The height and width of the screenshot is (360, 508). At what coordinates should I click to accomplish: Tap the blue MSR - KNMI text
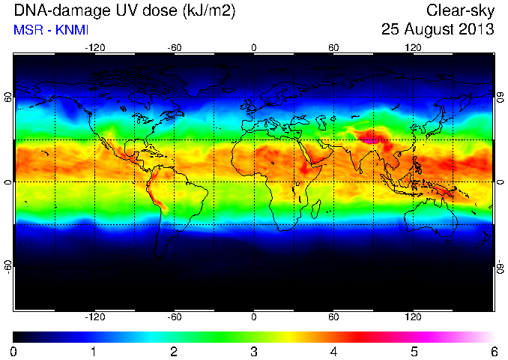[x=51, y=30]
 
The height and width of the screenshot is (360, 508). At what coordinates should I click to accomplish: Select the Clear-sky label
[x=460, y=11]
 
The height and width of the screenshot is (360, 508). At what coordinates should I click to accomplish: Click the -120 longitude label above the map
[x=95, y=48]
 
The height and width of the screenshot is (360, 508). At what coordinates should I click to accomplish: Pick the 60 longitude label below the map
[x=333, y=316]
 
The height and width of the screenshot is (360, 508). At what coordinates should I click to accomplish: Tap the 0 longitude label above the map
[x=254, y=48]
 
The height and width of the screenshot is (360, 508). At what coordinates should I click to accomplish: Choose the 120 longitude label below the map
[x=413, y=316]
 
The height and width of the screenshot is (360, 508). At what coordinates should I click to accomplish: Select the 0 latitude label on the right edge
[x=501, y=182]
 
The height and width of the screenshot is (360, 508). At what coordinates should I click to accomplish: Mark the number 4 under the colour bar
[x=333, y=352]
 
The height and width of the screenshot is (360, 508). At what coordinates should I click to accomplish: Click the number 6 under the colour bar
[x=494, y=352]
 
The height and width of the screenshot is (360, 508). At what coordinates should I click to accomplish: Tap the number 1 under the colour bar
[x=94, y=352]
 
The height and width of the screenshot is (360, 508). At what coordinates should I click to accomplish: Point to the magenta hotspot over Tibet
[x=369, y=141]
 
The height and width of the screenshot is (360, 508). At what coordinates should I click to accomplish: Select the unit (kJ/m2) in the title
[x=209, y=11]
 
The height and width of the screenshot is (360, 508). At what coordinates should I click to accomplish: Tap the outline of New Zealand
[x=485, y=240]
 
